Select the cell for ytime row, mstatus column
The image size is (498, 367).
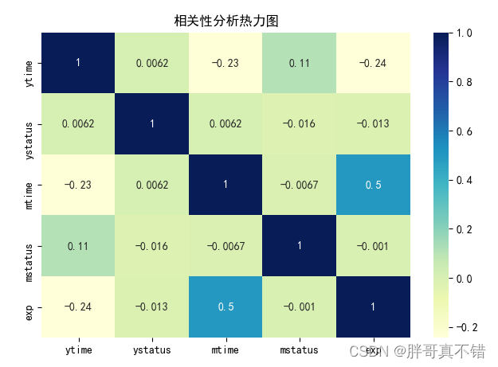[x=301, y=62]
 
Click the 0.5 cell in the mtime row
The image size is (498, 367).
[x=375, y=185]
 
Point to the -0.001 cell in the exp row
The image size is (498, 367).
[x=301, y=306]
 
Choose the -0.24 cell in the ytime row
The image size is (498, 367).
[x=375, y=62]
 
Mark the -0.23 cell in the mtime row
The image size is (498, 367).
[x=78, y=185]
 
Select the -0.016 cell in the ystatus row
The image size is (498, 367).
[x=301, y=123]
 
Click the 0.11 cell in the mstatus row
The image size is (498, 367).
[x=78, y=246]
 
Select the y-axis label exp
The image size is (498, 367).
[x=29, y=306]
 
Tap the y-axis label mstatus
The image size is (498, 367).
[x=29, y=246]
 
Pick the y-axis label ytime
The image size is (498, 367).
[x=29, y=62]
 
